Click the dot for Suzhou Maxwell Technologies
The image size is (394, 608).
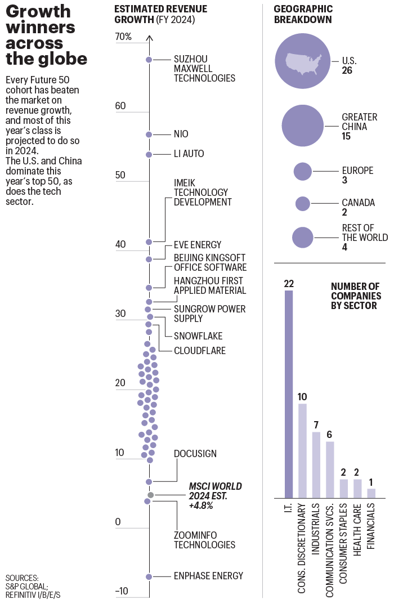click(x=149, y=60)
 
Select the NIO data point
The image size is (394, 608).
click(x=149, y=135)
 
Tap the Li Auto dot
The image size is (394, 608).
click(x=149, y=154)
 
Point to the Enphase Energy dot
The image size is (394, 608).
click(x=149, y=576)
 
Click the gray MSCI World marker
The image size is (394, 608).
click(x=150, y=495)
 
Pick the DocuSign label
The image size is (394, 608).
click(x=195, y=454)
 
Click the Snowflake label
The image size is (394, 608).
click(x=198, y=336)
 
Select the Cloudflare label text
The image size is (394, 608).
click(x=199, y=351)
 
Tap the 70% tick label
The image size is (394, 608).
click(x=123, y=37)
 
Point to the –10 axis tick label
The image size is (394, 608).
click(x=122, y=591)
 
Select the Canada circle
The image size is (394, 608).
click(x=303, y=204)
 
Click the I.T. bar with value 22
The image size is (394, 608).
click(x=289, y=394)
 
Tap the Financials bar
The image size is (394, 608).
click(x=371, y=493)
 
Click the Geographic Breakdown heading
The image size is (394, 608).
click(x=303, y=14)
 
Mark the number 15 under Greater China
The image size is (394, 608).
click(x=347, y=137)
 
